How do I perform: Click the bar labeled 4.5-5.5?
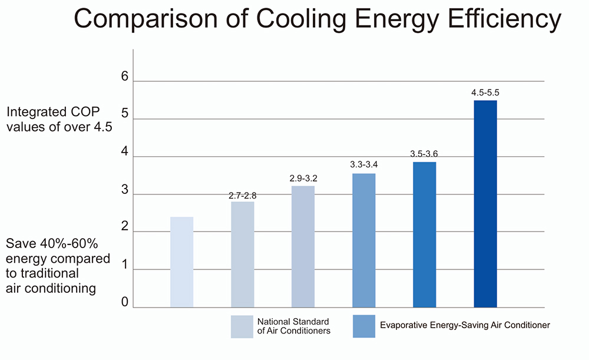[485, 204]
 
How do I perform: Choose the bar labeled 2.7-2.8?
[242, 255]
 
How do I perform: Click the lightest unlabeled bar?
[181, 262]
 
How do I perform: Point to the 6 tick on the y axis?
[124, 77]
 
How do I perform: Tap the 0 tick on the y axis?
[124, 302]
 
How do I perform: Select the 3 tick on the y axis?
[124, 190]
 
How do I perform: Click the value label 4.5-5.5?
[485, 93]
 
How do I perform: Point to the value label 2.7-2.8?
[242, 195]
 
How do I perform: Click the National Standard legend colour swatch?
[242, 326]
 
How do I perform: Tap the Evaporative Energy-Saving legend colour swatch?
[363, 326]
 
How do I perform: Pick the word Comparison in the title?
[147, 20]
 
